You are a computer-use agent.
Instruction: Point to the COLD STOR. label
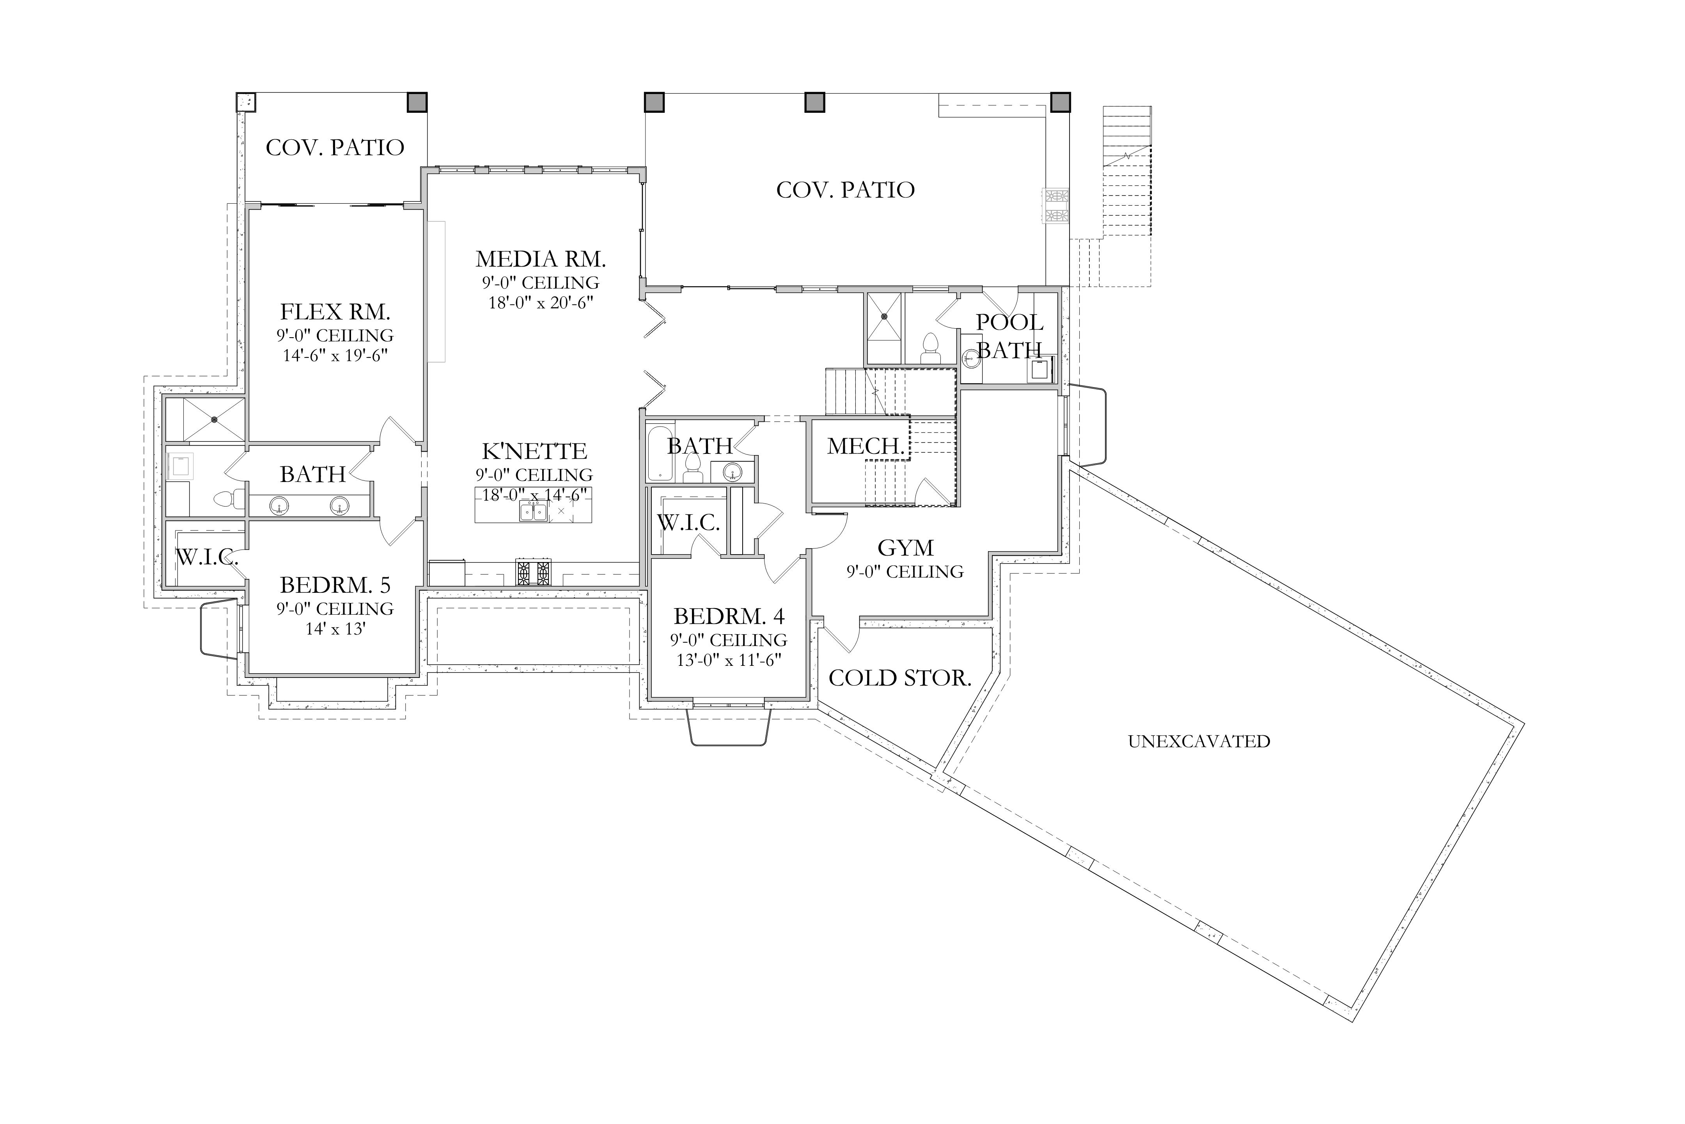click(x=900, y=678)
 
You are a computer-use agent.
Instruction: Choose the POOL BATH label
click(x=1009, y=336)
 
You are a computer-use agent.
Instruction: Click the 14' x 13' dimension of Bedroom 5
click(x=335, y=630)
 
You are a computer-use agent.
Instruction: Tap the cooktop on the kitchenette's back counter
click(x=534, y=572)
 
